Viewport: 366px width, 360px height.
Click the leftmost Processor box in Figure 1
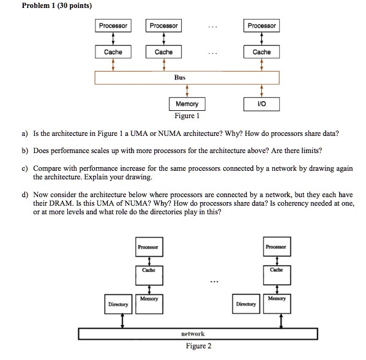[x=113, y=26]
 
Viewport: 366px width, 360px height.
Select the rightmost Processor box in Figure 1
[x=261, y=26]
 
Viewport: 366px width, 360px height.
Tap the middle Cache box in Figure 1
[x=163, y=52]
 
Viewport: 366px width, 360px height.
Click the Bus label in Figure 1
[x=179, y=78]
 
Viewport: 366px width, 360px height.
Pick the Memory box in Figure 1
[x=187, y=104]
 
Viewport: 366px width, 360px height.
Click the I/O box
[x=261, y=104]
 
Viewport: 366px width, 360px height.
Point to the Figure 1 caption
[x=187, y=116]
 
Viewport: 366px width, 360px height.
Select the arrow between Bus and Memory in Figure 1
[x=187, y=91]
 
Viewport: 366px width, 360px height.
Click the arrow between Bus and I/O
[x=261, y=91]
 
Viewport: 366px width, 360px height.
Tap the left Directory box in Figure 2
[x=118, y=304]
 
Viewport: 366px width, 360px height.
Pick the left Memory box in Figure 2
[x=149, y=302]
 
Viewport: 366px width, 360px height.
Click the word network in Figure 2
[x=193, y=334]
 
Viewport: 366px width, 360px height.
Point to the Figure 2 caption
[x=198, y=346]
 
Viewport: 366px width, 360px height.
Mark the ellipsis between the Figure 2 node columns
[x=212, y=282]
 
